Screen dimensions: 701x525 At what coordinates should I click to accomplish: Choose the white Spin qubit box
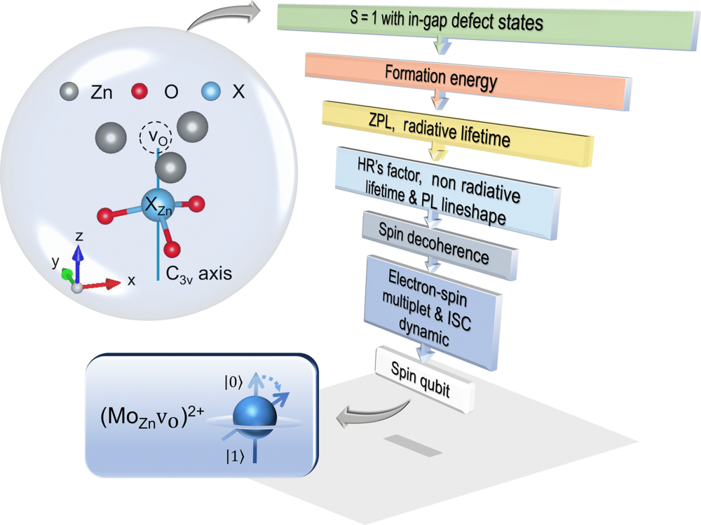click(425, 379)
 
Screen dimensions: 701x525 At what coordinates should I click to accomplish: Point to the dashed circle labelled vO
click(156, 137)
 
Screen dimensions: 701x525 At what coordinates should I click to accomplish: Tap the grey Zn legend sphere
click(69, 91)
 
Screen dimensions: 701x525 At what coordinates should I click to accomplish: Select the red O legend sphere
click(139, 91)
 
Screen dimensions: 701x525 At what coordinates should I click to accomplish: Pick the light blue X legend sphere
click(210, 91)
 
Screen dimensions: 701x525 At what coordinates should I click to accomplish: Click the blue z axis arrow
click(79, 264)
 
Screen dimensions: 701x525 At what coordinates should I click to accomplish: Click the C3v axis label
click(199, 273)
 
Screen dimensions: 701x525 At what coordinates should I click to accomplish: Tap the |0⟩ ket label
click(233, 383)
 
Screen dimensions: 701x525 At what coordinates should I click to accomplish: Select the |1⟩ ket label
click(235, 456)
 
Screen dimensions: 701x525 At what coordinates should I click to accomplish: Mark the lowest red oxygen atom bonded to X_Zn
click(172, 249)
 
